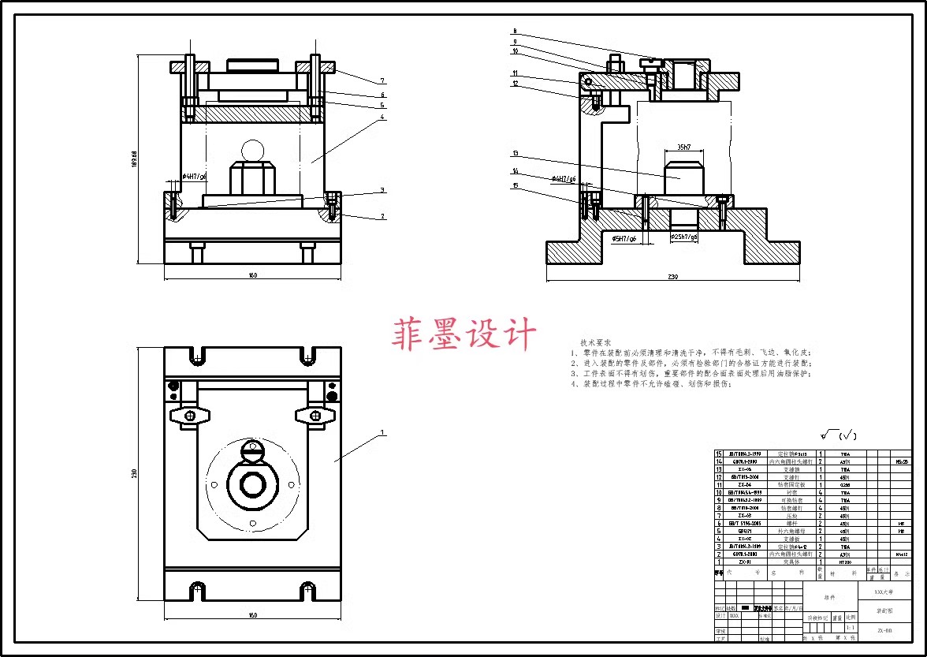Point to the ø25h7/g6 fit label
(x=683, y=237)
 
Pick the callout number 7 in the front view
(x=382, y=80)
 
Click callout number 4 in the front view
(x=382, y=118)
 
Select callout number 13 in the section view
(x=515, y=154)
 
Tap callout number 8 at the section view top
(x=514, y=32)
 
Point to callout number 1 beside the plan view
(x=382, y=433)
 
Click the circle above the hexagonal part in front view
(x=253, y=150)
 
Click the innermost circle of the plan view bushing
(x=252, y=485)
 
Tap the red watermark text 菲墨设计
(x=464, y=334)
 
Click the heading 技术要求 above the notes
(x=596, y=342)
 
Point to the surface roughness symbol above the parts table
(x=837, y=435)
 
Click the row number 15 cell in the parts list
(x=718, y=454)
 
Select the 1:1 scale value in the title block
(x=850, y=628)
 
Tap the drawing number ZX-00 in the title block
(x=884, y=630)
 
